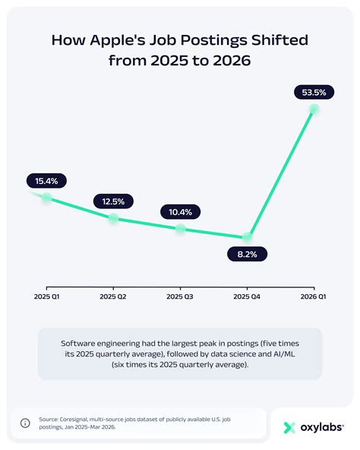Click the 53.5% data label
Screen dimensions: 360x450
click(x=314, y=93)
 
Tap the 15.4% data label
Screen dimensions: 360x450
click(x=46, y=181)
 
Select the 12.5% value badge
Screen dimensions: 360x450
click(x=113, y=201)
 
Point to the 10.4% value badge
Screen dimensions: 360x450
click(x=180, y=212)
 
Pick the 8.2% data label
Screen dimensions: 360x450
click(x=247, y=255)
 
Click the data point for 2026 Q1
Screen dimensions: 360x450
click(x=314, y=109)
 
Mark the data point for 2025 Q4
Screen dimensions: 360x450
click(x=248, y=237)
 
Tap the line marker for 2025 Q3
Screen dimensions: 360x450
click(x=180, y=229)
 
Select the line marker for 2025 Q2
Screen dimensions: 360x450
click(x=113, y=218)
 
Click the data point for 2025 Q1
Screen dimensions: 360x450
click(x=46, y=198)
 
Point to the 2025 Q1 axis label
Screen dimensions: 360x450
click(x=46, y=296)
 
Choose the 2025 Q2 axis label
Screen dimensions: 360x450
click(x=113, y=296)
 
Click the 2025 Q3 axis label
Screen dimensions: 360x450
click(x=180, y=296)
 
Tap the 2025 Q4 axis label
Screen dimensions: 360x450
click(x=247, y=296)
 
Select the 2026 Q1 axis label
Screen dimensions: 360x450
click(x=313, y=296)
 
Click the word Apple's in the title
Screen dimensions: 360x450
click(x=118, y=40)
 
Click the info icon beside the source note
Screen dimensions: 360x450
click(x=25, y=423)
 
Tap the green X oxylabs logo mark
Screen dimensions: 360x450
click(x=289, y=428)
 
